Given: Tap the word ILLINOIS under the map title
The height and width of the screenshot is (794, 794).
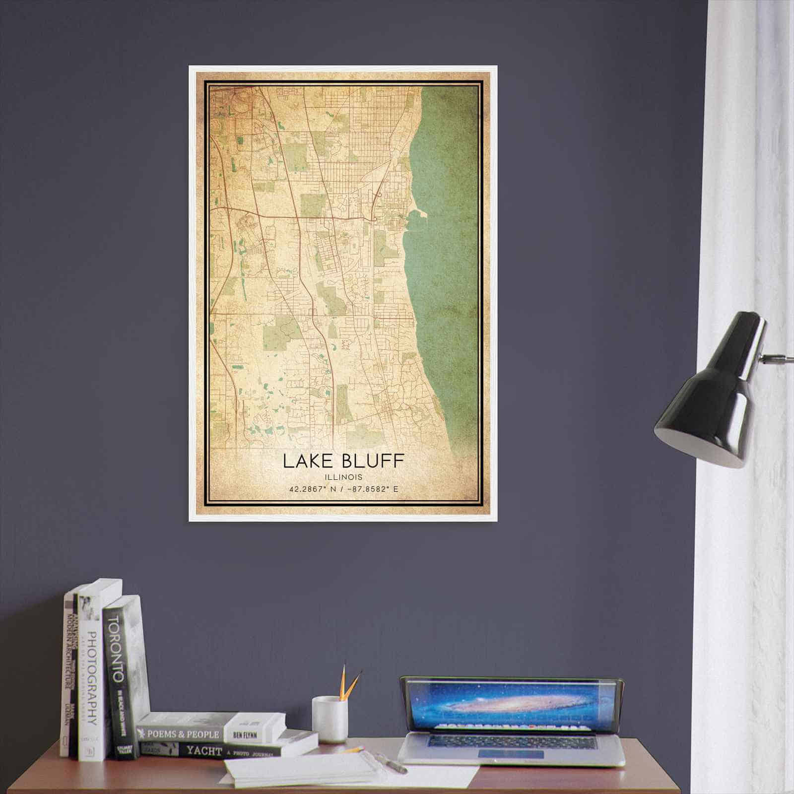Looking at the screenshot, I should pos(343,477).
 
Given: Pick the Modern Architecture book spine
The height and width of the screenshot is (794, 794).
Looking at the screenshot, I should pos(69,680).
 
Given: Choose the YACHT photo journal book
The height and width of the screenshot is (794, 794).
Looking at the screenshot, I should pos(208,750).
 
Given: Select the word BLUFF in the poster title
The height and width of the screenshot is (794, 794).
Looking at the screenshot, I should pos(375,461).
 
